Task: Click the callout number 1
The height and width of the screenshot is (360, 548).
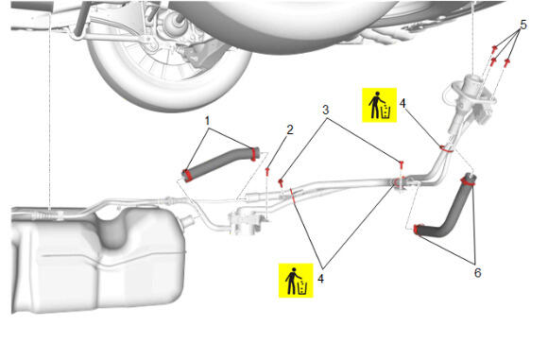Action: pos(207,121)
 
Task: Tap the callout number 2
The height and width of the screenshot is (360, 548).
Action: pos(290,130)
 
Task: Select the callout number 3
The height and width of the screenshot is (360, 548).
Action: pos(325,111)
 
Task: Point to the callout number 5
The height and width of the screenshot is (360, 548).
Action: pos(523,25)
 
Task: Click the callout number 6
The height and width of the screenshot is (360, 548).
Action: pos(477,273)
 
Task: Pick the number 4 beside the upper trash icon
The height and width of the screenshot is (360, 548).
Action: pos(402,103)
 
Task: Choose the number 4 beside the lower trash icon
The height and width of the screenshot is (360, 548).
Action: pos(320,279)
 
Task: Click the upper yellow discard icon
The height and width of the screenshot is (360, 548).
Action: pos(379,105)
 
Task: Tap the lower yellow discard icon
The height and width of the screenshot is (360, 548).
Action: pos(296,281)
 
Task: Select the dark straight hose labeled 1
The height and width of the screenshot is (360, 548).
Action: pos(221,163)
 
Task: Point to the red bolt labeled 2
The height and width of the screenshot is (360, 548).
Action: pos(267,171)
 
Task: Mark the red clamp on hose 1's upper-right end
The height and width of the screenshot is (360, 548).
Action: pos(253,154)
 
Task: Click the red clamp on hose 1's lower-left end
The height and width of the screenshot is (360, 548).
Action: pos(187,176)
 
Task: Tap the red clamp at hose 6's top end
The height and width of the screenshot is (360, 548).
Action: pos(468,180)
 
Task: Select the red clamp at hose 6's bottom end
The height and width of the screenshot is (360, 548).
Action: pos(417,230)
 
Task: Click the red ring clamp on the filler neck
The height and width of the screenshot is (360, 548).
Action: pos(446,148)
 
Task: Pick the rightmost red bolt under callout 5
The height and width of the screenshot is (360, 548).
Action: pos(506,63)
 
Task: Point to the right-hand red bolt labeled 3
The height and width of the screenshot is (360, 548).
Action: pos(402,163)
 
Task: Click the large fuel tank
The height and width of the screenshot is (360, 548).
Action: pos(98,259)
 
